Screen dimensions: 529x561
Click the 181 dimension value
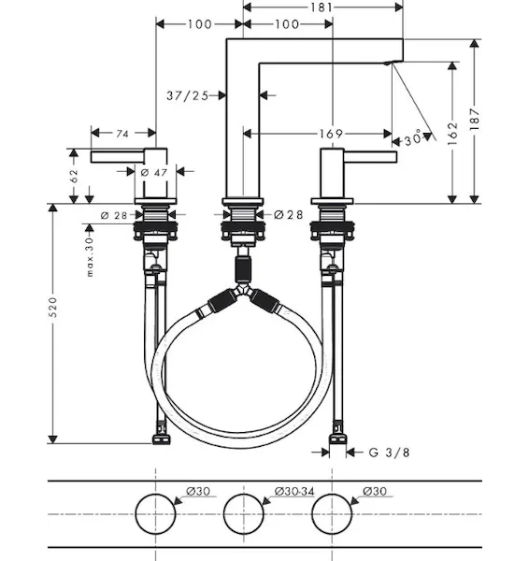322,7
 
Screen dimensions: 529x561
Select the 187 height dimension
474,119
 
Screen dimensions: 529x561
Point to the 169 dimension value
331,134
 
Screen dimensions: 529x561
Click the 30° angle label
413,138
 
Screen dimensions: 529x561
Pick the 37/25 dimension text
188,95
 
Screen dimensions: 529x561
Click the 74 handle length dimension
122,134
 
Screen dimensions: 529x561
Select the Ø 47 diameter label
154,173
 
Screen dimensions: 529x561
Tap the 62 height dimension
74,176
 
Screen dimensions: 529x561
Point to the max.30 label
90,257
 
